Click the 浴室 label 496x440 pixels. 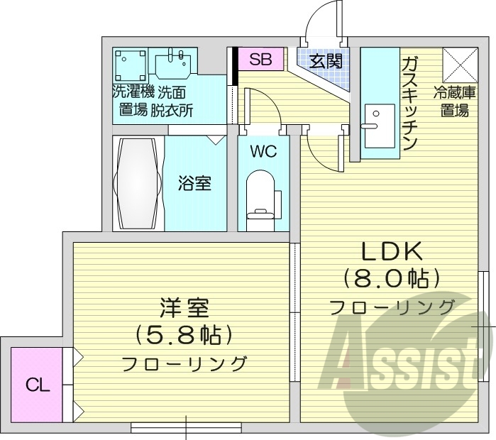pyautogui.click(x=194, y=183)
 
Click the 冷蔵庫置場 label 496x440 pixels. pyautogui.click(x=451, y=101)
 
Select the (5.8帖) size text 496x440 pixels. pyautogui.click(x=184, y=334)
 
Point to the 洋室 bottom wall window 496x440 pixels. pyautogui.click(x=186, y=427)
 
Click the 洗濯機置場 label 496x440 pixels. pyautogui.click(x=132, y=101)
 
